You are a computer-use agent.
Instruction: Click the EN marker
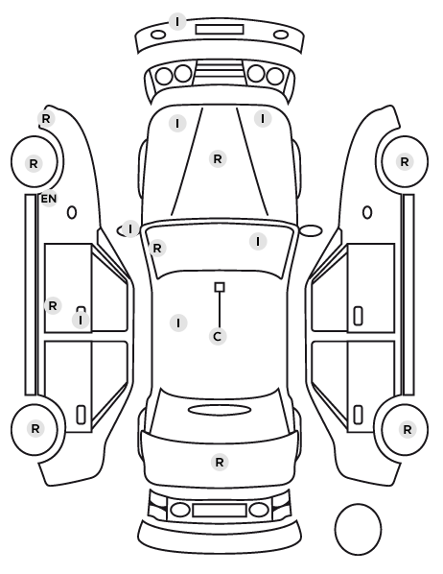tap(49, 199)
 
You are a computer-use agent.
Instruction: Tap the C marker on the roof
tap(218, 336)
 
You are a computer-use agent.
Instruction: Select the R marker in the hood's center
tap(218, 159)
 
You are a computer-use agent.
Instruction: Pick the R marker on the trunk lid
tap(220, 463)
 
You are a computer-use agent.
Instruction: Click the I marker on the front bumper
tap(177, 22)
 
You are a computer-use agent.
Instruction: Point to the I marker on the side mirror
tap(130, 229)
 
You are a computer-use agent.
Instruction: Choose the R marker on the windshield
tap(157, 249)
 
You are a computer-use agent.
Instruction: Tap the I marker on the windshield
tap(258, 242)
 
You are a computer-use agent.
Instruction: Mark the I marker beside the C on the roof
tap(178, 323)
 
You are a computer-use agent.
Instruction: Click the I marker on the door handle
tap(81, 321)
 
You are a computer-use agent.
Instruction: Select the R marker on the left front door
tap(53, 305)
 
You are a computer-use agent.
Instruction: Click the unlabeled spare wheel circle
tap(358, 529)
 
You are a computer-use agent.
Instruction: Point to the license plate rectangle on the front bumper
tap(220, 30)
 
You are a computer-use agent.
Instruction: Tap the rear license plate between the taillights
tap(220, 511)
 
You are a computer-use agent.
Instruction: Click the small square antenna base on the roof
tap(220, 287)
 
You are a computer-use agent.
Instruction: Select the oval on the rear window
tap(220, 410)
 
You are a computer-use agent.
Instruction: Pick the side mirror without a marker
tap(311, 230)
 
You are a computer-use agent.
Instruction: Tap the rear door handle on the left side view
tap(81, 415)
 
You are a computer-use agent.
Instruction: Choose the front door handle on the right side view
tap(359, 316)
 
